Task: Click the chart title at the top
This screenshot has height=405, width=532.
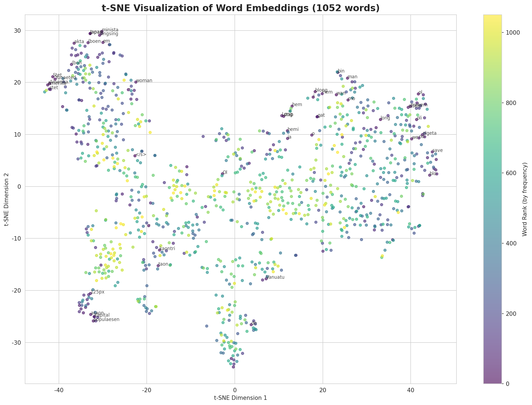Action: [x=241, y=8]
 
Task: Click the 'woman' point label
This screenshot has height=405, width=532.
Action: [x=144, y=81]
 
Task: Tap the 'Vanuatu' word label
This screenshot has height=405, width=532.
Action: [x=275, y=277]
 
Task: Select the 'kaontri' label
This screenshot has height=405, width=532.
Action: [x=167, y=249]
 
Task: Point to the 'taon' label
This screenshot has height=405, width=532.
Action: [x=163, y=264]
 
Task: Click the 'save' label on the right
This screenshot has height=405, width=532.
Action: [x=437, y=151]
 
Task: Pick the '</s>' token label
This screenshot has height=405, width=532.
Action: [x=141, y=155]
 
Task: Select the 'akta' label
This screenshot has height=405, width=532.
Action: [x=79, y=42]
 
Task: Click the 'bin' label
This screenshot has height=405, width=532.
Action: [x=341, y=71]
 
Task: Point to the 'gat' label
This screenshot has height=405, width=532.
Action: [x=321, y=115]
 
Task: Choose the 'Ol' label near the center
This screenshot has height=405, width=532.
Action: [x=225, y=172]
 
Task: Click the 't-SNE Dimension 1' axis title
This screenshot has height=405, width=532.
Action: [x=241, y=398]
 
